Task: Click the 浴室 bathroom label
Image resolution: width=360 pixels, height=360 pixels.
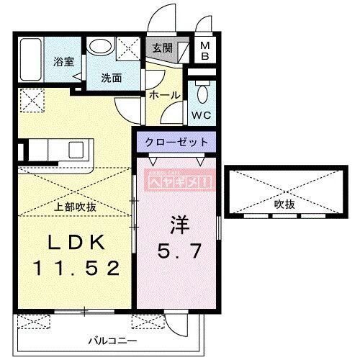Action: [x=63, y=62]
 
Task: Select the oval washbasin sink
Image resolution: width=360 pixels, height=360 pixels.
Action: [x=99, y=46]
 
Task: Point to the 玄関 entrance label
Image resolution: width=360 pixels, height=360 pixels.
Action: [x=161, y=48]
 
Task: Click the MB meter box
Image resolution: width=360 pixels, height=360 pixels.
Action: [x=204, y=51]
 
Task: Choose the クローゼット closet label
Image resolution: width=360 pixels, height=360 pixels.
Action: [x=178, y=142]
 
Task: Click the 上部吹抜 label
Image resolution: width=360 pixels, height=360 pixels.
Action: [x=76, y=207]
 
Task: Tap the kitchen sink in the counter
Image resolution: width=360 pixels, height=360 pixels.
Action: [x=75, y=150]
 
